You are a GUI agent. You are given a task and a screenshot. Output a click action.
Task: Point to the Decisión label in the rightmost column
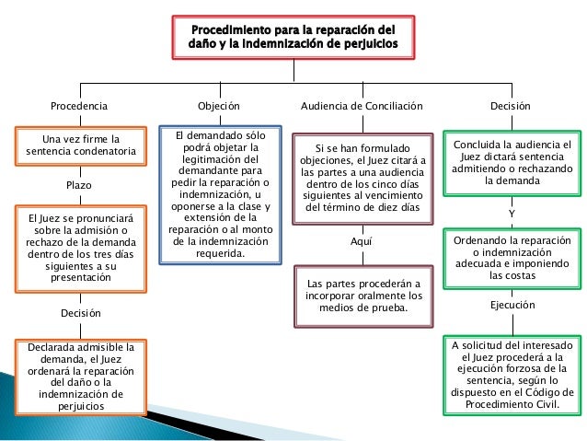click(x=511, y=107)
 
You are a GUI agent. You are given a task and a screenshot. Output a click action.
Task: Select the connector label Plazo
click(x=80, y=185)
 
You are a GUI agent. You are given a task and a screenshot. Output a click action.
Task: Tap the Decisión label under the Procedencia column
click(x=80, y=313)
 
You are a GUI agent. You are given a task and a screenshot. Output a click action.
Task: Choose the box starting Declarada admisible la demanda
click(x=80, y=375)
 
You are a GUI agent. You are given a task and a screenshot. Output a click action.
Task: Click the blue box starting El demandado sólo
click(x=221, y=195)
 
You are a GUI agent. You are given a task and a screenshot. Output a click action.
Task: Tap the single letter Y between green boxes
click(x=512, y=214)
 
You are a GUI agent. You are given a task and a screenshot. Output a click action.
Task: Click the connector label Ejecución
click(x=512, y=306)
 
